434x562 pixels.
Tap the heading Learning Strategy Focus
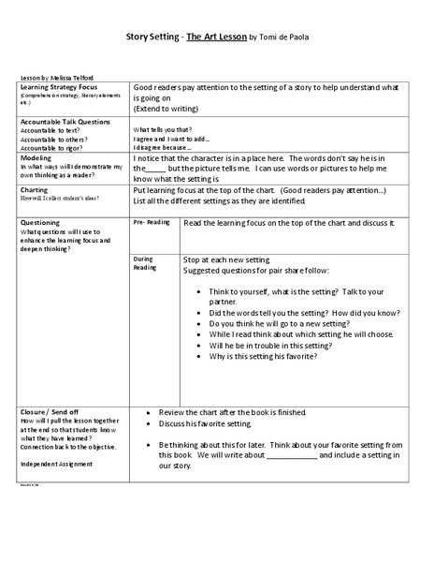pos(61,86)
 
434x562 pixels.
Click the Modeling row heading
pos(37,158)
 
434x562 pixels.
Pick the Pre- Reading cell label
pos(152,223)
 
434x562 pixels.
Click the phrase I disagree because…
pos(163,147)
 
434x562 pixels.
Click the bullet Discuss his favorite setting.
pos(210,424)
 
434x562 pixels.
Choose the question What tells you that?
pos(163,129)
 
